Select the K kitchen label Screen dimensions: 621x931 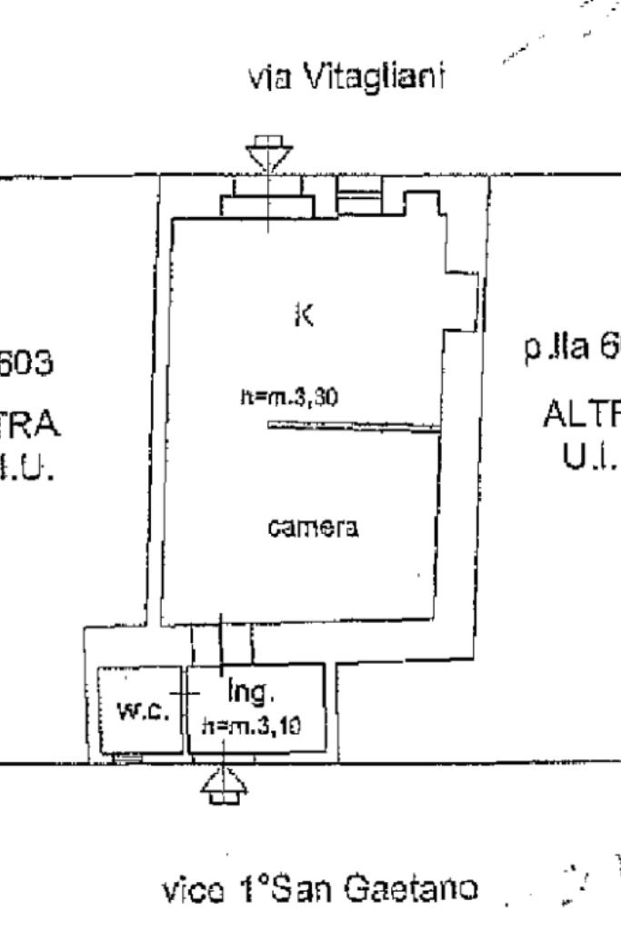coord(306,315)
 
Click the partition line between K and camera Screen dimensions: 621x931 coord(354,425)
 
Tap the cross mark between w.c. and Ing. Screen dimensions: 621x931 coord(186,693)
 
